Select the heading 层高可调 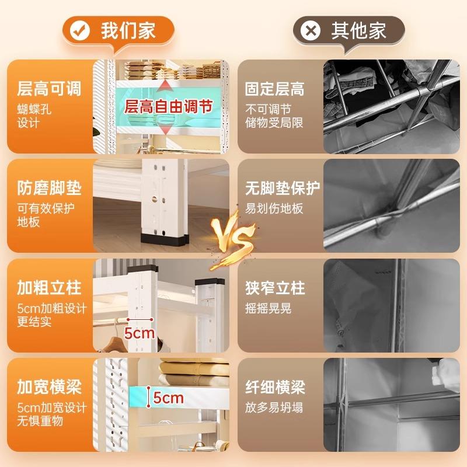click(49, 89)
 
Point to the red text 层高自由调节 click(168, 107)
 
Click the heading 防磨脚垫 click(49, 189)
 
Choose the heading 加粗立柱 click(49, 288)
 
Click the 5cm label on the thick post click(140, 333)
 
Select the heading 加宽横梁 click(49, 387)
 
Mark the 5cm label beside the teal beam click(168, 398)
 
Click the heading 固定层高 click(274, 89)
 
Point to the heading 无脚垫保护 click(283, 189)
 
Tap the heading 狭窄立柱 click(275, 288)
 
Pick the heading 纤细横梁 click(275, 387)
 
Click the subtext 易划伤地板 click(274, 208)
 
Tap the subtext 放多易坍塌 click(274, 407)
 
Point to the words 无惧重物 click(40, 421)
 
